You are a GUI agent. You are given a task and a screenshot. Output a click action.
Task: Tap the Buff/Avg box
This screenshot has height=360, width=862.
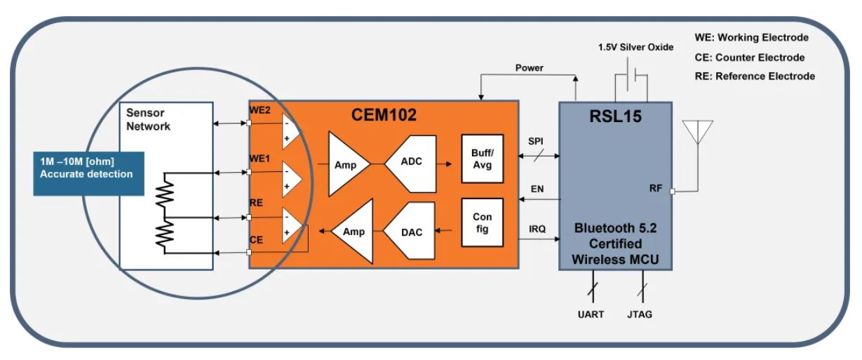tap(482, 160)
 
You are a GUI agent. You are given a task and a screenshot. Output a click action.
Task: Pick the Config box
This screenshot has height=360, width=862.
tap(482, 222)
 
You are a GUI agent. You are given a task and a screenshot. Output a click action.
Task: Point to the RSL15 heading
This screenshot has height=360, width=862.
tap(615, 116)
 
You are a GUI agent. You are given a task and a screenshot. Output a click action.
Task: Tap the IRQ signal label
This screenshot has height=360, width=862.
tap(537, 229)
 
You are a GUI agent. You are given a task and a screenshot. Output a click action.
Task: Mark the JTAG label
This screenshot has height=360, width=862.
tap(639, 314)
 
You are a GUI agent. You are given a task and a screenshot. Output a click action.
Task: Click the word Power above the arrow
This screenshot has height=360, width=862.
tap(529, 69)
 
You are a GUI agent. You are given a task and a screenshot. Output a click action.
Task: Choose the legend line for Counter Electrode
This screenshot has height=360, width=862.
tap(750, 57)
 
